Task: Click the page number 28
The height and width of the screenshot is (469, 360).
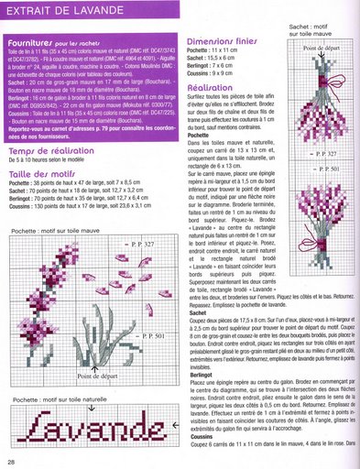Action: coord(12,461)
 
